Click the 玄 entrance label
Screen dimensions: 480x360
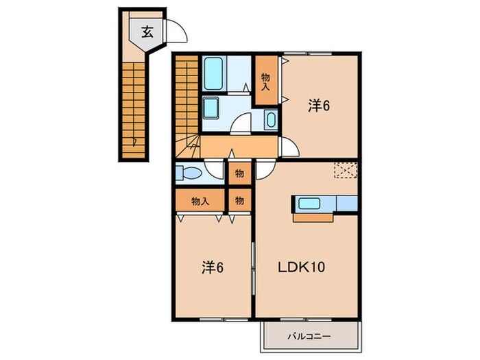147,32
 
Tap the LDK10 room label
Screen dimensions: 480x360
301,267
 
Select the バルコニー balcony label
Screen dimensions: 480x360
309,337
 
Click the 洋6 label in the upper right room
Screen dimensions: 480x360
319,106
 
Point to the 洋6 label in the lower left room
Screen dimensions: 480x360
213,267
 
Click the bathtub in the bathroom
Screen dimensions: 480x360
213,73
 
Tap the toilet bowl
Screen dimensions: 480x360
189,173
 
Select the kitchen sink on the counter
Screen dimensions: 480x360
309,204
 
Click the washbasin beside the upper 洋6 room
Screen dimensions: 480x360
271,120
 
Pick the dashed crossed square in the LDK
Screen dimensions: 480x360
346,170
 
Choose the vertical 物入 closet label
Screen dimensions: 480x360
265,82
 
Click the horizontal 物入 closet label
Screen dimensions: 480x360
200,201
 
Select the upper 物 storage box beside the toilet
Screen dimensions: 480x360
240,173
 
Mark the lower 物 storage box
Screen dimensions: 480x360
240,200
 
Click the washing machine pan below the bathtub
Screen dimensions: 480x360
211,108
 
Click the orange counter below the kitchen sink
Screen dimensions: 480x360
313,217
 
